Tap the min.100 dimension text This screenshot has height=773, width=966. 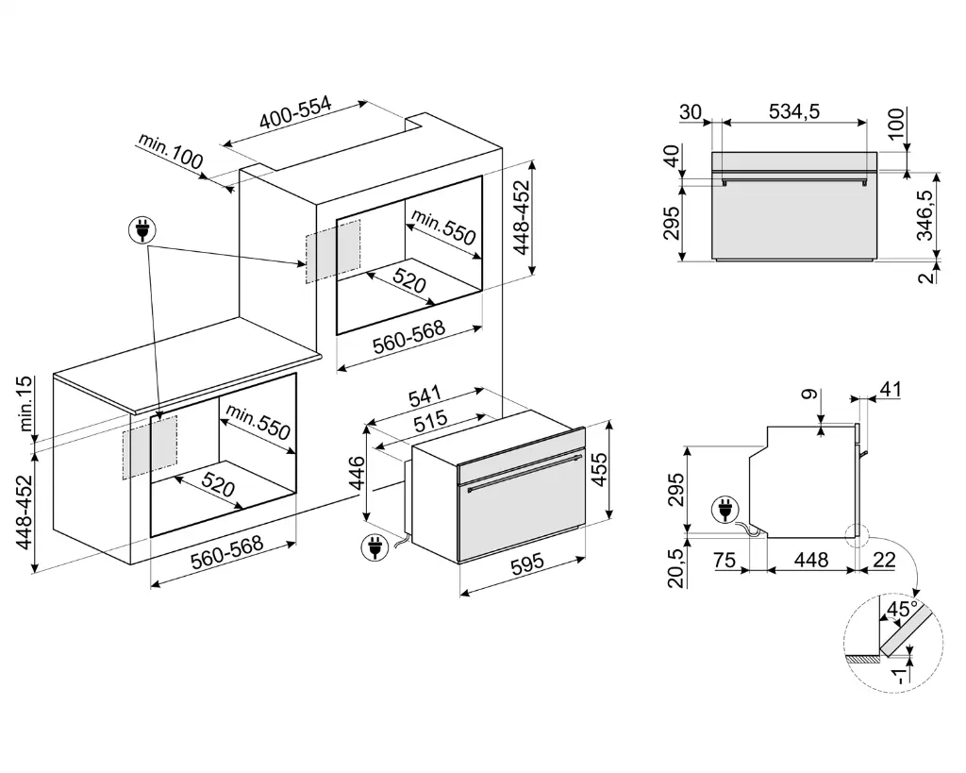click(x=171, y=152)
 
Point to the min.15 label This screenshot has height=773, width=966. click(x=25, y=404)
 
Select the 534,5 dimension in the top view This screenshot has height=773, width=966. click(x=794, y=110)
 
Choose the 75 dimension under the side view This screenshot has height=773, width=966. click(x=724, y=560)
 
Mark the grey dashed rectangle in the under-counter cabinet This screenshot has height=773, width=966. click(x=149, y=447)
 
